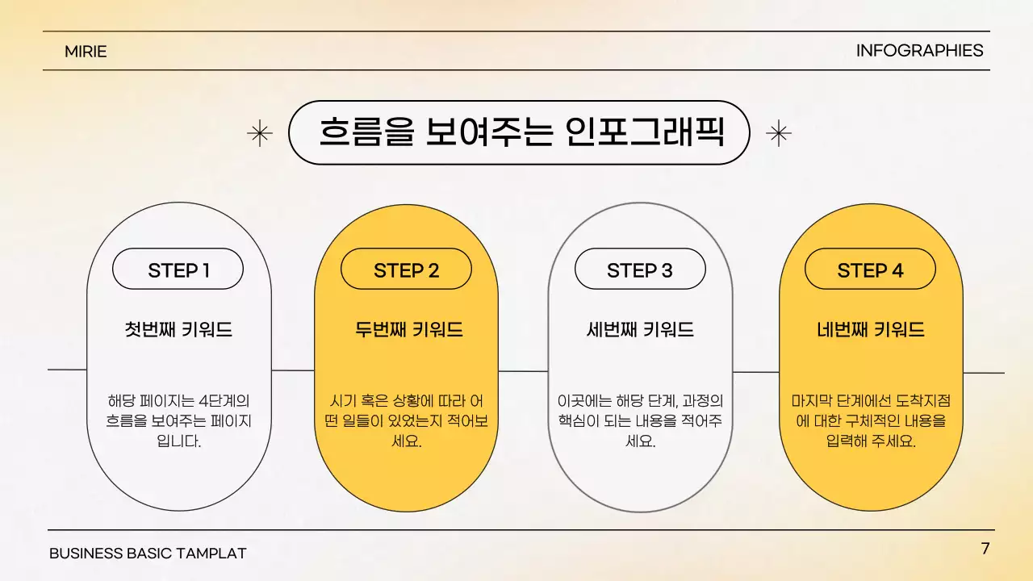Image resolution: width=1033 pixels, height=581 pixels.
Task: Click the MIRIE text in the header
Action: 86,52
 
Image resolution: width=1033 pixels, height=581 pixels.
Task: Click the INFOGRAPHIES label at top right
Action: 919,51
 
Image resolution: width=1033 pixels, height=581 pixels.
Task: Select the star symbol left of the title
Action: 260,133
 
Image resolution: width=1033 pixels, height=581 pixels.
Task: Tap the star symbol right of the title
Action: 778,133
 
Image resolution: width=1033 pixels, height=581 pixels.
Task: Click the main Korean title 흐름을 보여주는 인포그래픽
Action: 520,132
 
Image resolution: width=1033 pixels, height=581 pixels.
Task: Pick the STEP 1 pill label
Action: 178,270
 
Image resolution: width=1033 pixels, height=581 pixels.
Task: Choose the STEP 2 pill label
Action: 406,270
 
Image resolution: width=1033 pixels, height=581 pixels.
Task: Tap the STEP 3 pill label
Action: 639,270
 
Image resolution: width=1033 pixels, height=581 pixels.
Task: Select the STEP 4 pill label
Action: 870,270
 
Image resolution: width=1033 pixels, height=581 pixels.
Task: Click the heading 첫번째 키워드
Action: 178,329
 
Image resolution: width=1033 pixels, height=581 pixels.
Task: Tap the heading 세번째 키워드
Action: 640,329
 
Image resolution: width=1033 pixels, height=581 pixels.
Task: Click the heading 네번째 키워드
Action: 871,329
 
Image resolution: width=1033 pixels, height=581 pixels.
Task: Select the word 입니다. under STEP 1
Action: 178,442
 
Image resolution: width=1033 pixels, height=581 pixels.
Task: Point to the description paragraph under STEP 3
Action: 640,421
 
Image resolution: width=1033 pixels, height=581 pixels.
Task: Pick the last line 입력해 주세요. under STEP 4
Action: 871,442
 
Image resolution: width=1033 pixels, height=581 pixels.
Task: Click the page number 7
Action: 985,549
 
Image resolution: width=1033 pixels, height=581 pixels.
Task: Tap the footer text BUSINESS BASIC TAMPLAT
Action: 148,554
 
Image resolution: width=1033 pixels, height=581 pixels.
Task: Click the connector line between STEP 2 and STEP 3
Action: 523,371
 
